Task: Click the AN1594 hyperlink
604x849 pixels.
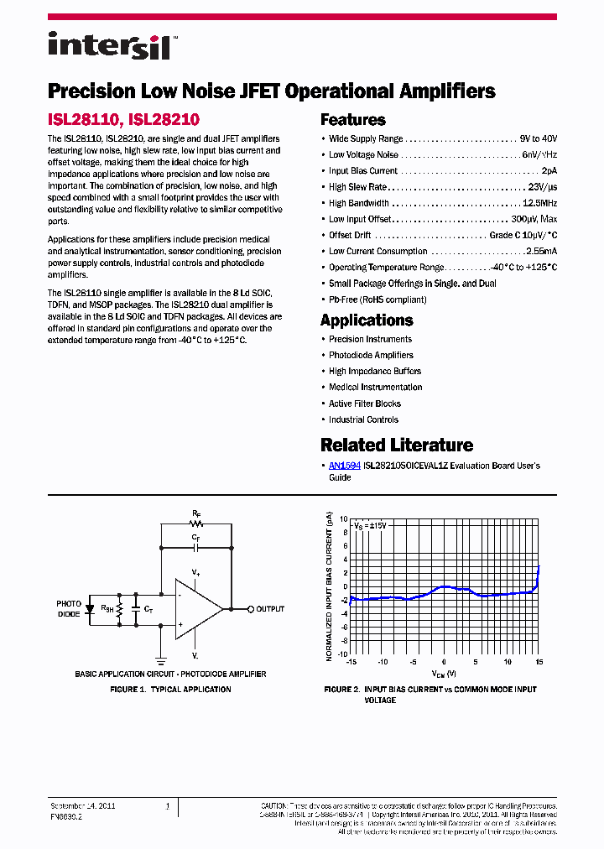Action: [345, 466]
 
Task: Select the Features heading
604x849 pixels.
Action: [353, 120]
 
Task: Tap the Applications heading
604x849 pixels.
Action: [367, 320]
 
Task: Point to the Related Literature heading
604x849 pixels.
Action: [397, 445]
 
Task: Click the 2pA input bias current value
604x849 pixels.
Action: [548, 171]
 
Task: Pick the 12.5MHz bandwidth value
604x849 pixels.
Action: [539, 203]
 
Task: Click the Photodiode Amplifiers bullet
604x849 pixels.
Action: [371, 356]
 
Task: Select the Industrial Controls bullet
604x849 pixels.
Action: [363, 419]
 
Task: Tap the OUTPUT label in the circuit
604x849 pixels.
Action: [269, 609]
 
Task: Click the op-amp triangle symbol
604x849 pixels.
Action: [196, 609]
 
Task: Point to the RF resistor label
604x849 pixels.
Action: [195, 511]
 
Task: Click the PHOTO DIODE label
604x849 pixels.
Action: [69, 609]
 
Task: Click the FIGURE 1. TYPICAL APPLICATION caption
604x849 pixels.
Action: [170, 690]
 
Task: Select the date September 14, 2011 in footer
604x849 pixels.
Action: [83, 805]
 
